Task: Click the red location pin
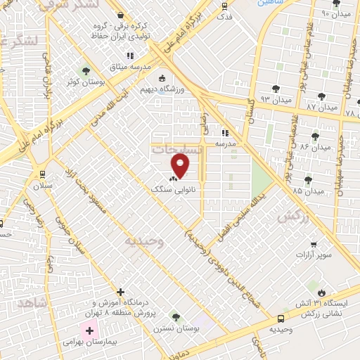[x=181, y=167]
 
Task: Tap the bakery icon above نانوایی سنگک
[x=173, y=179]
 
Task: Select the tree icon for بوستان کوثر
[x=86, y=70]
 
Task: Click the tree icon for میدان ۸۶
[x=314, y=136]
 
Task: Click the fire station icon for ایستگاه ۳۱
[x=322, y=292]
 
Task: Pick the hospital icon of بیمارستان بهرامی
[x=89, y=330]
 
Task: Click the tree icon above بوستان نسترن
[x=175, y=317]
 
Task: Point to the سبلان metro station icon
[x=43, y=174]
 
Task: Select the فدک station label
[x=224, y=15]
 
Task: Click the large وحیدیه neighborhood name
[x=144, y=241]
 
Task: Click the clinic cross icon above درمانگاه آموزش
[x=121, y=292]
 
